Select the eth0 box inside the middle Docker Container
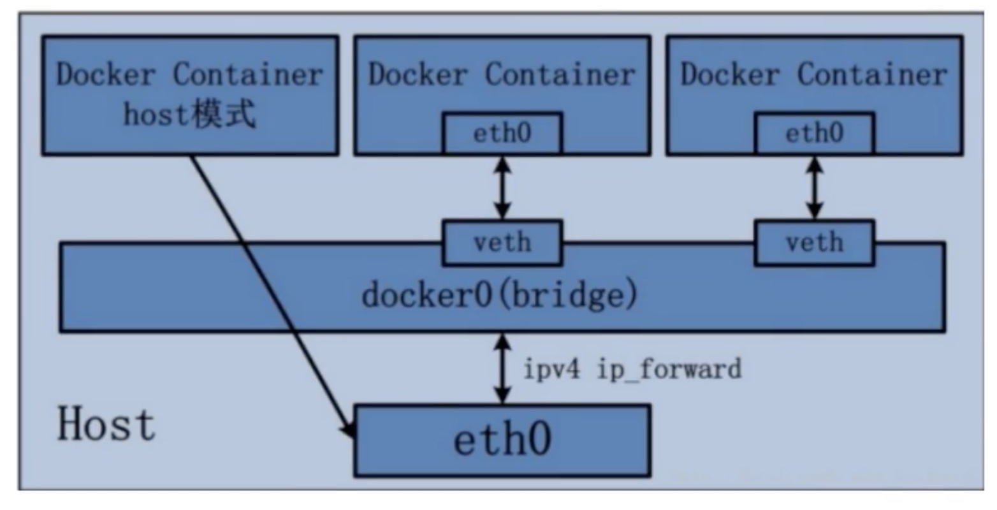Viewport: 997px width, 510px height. coord(502,133)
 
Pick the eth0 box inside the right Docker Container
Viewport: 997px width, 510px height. coord(815,133)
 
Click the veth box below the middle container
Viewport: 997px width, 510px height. coord(502,243)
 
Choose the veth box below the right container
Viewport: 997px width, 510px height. coord(815,243)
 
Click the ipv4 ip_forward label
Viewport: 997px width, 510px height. coord(632,369)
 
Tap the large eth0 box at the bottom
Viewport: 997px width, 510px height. coord(502,441)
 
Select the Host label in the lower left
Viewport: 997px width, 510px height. coord(107,424)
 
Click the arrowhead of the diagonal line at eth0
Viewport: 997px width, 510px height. coord(349,429)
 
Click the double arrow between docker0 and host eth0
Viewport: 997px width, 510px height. coord(502,369)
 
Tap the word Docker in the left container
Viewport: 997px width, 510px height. coord(106,74)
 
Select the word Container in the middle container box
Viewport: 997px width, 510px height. coord(560,74)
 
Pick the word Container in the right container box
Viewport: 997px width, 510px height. coord(873,74)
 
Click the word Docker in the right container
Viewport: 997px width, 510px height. coord(731,74)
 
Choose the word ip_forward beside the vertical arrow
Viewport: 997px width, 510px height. coord(669,369)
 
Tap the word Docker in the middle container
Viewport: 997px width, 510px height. coord(418,74)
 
